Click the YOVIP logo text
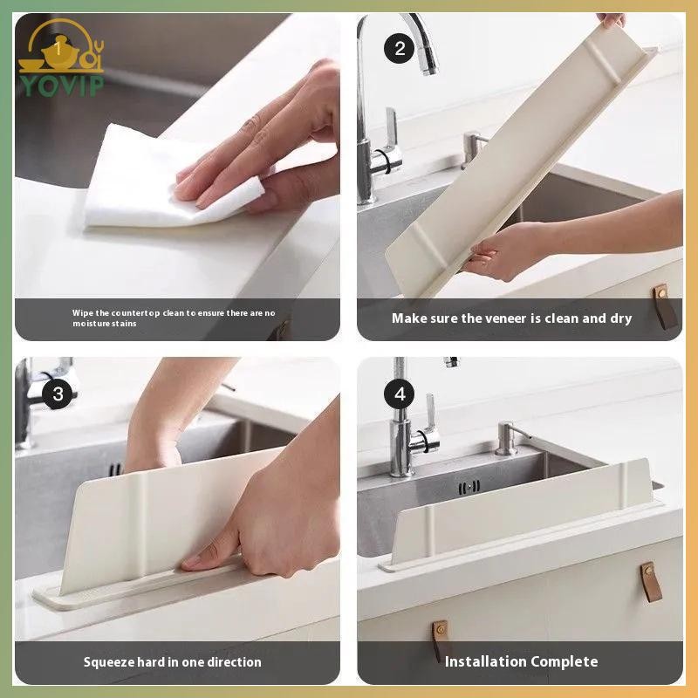(62, 86)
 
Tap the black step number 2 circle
(400, 49)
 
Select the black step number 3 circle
(58, 394)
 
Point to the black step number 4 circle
(400, 394)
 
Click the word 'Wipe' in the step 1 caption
(83, 313)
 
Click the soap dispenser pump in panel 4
(509, 438)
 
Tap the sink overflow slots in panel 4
(469, 488)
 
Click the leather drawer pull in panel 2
(665, 307)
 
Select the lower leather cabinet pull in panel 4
(440, 640)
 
